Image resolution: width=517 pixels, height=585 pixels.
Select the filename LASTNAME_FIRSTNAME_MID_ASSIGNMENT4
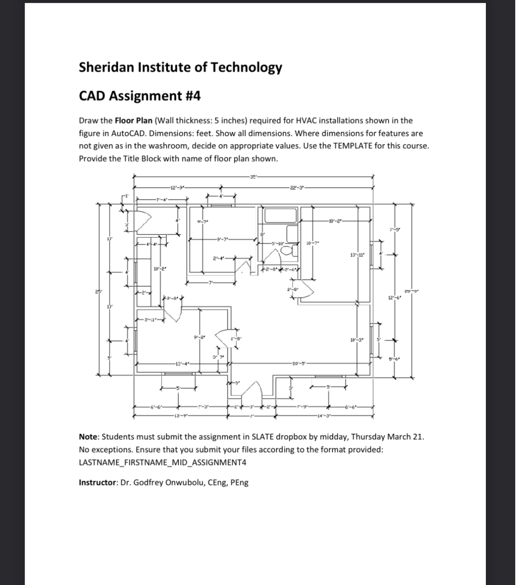[162, 462]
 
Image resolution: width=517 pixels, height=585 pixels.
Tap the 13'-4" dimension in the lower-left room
[182, 363]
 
